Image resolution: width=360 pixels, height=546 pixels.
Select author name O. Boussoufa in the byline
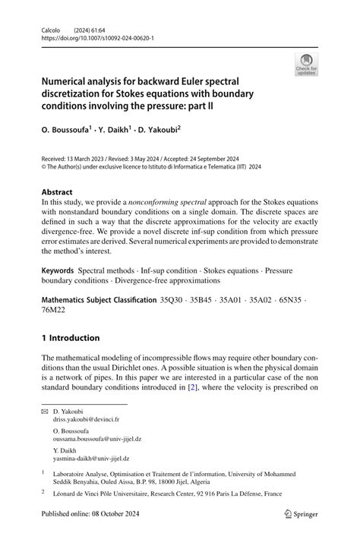coord(69,130)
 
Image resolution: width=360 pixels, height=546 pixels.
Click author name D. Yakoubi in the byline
coord(156,130)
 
